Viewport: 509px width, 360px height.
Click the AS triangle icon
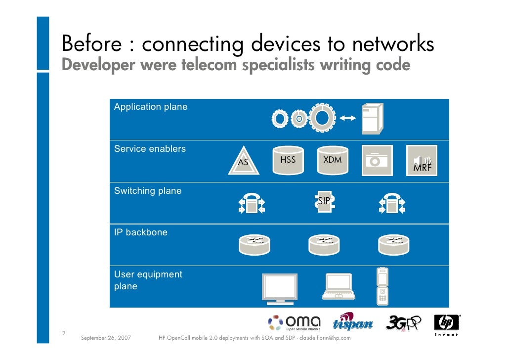click(244, 161)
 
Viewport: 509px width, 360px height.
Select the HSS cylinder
click(288, 161)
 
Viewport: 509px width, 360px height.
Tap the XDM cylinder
click(332, 161)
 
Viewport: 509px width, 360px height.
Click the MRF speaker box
click(422, 161)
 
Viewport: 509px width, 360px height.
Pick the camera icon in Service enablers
click(377, 161)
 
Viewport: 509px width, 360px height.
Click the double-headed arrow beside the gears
click(348, 119)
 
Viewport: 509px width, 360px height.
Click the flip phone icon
click(382, 285)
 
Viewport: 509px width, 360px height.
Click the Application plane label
click(151, 107)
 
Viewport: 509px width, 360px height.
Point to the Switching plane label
click(148, 191)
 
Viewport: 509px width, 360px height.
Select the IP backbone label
click(141, 232)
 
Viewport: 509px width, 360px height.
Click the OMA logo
click(295, 323)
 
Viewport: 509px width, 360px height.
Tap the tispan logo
click(353, 322)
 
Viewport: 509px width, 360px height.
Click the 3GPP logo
click(403, 322)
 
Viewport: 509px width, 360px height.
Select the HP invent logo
click(447, 324)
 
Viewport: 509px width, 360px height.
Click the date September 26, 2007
click(105, 338)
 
